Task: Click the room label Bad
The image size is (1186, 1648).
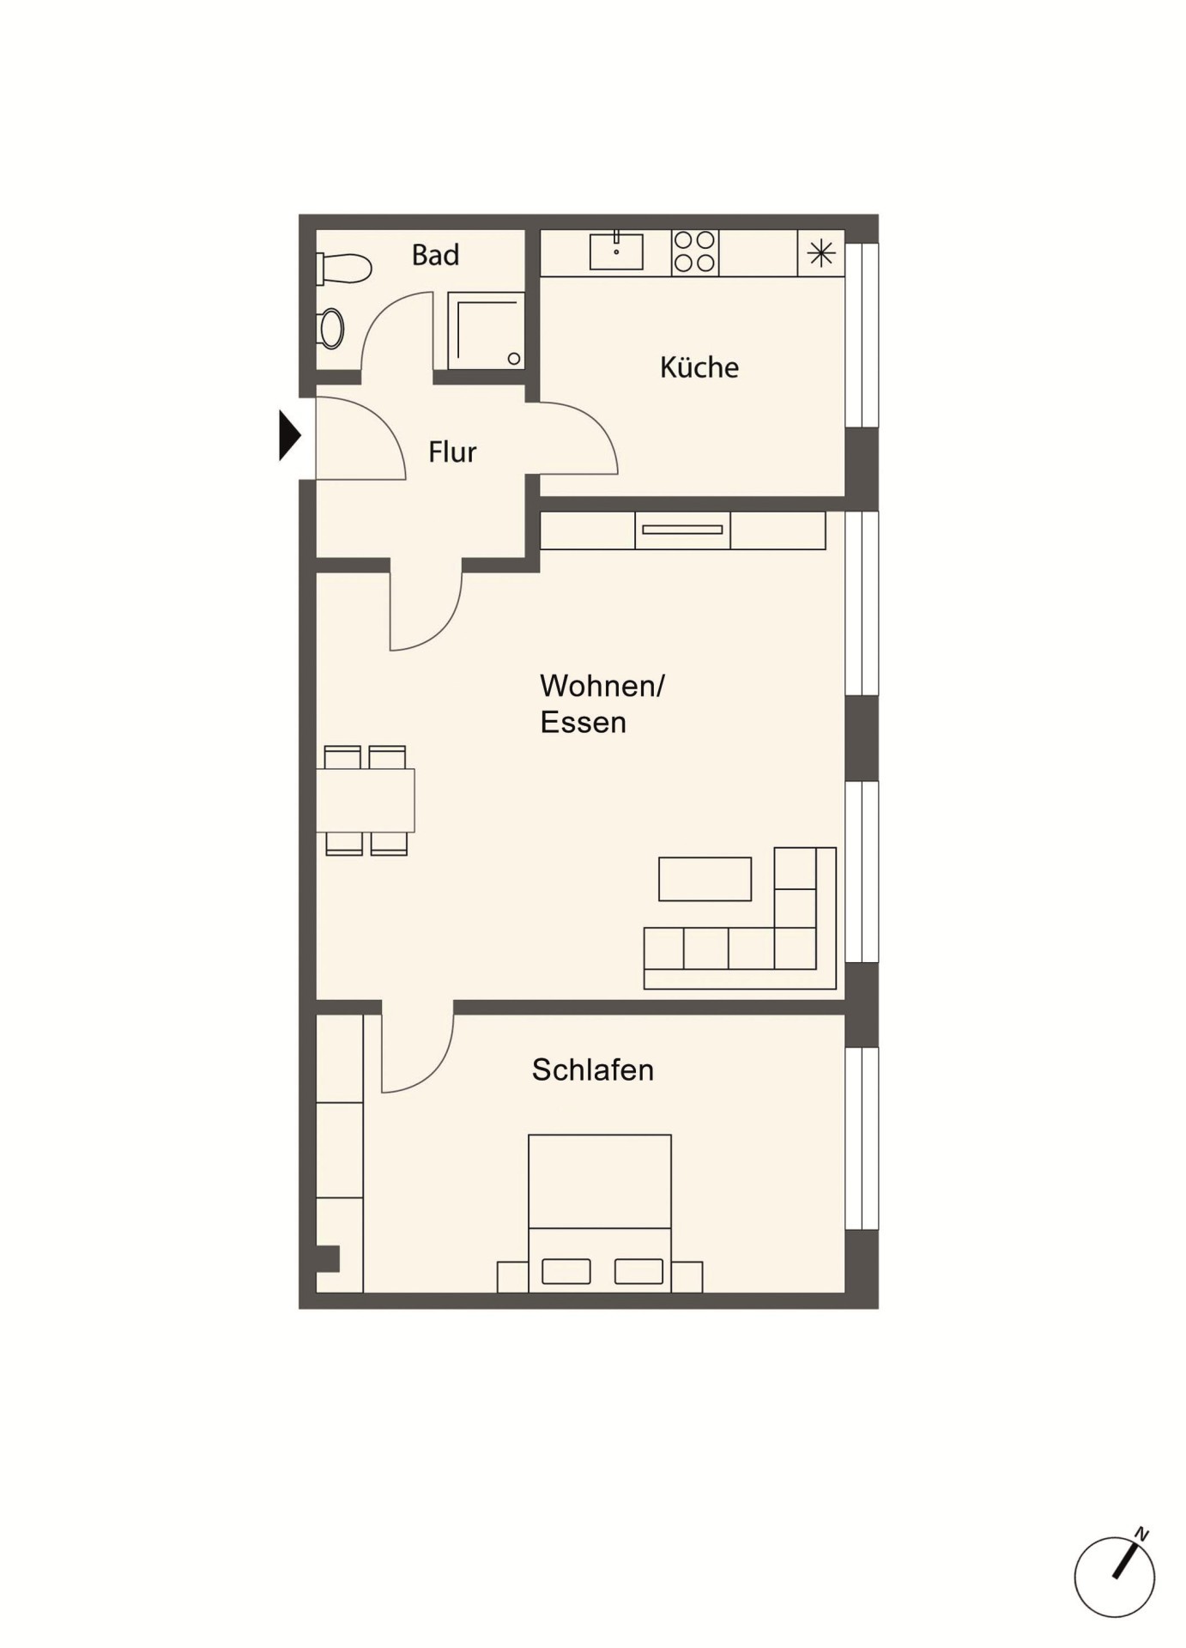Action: tap(435, 255)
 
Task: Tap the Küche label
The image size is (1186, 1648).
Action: tap(699, 367)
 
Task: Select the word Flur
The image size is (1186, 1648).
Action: tap(452, 451)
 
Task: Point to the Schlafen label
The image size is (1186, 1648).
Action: tap(592, 1069)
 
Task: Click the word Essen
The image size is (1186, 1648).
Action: tap(583, 722)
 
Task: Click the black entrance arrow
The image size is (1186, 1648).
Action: tap(290, 436)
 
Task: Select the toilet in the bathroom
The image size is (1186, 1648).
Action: tap(343, 269)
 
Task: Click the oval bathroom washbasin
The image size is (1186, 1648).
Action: tap(330, 329)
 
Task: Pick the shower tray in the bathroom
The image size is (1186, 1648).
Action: tap(485, 331)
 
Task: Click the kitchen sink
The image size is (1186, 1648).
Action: tap(616, 250)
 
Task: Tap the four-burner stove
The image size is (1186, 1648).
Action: tap(694, 252)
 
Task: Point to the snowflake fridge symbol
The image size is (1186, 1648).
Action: tap(821, 252)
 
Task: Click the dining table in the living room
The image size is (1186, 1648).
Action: tap(366, 801)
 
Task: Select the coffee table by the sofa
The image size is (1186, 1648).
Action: tap(705, 879)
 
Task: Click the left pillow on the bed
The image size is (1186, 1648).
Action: tap(566, 1270)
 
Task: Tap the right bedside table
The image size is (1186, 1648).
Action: tap(687, 1276)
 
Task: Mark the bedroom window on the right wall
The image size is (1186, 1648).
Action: tap(862, 1138)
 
